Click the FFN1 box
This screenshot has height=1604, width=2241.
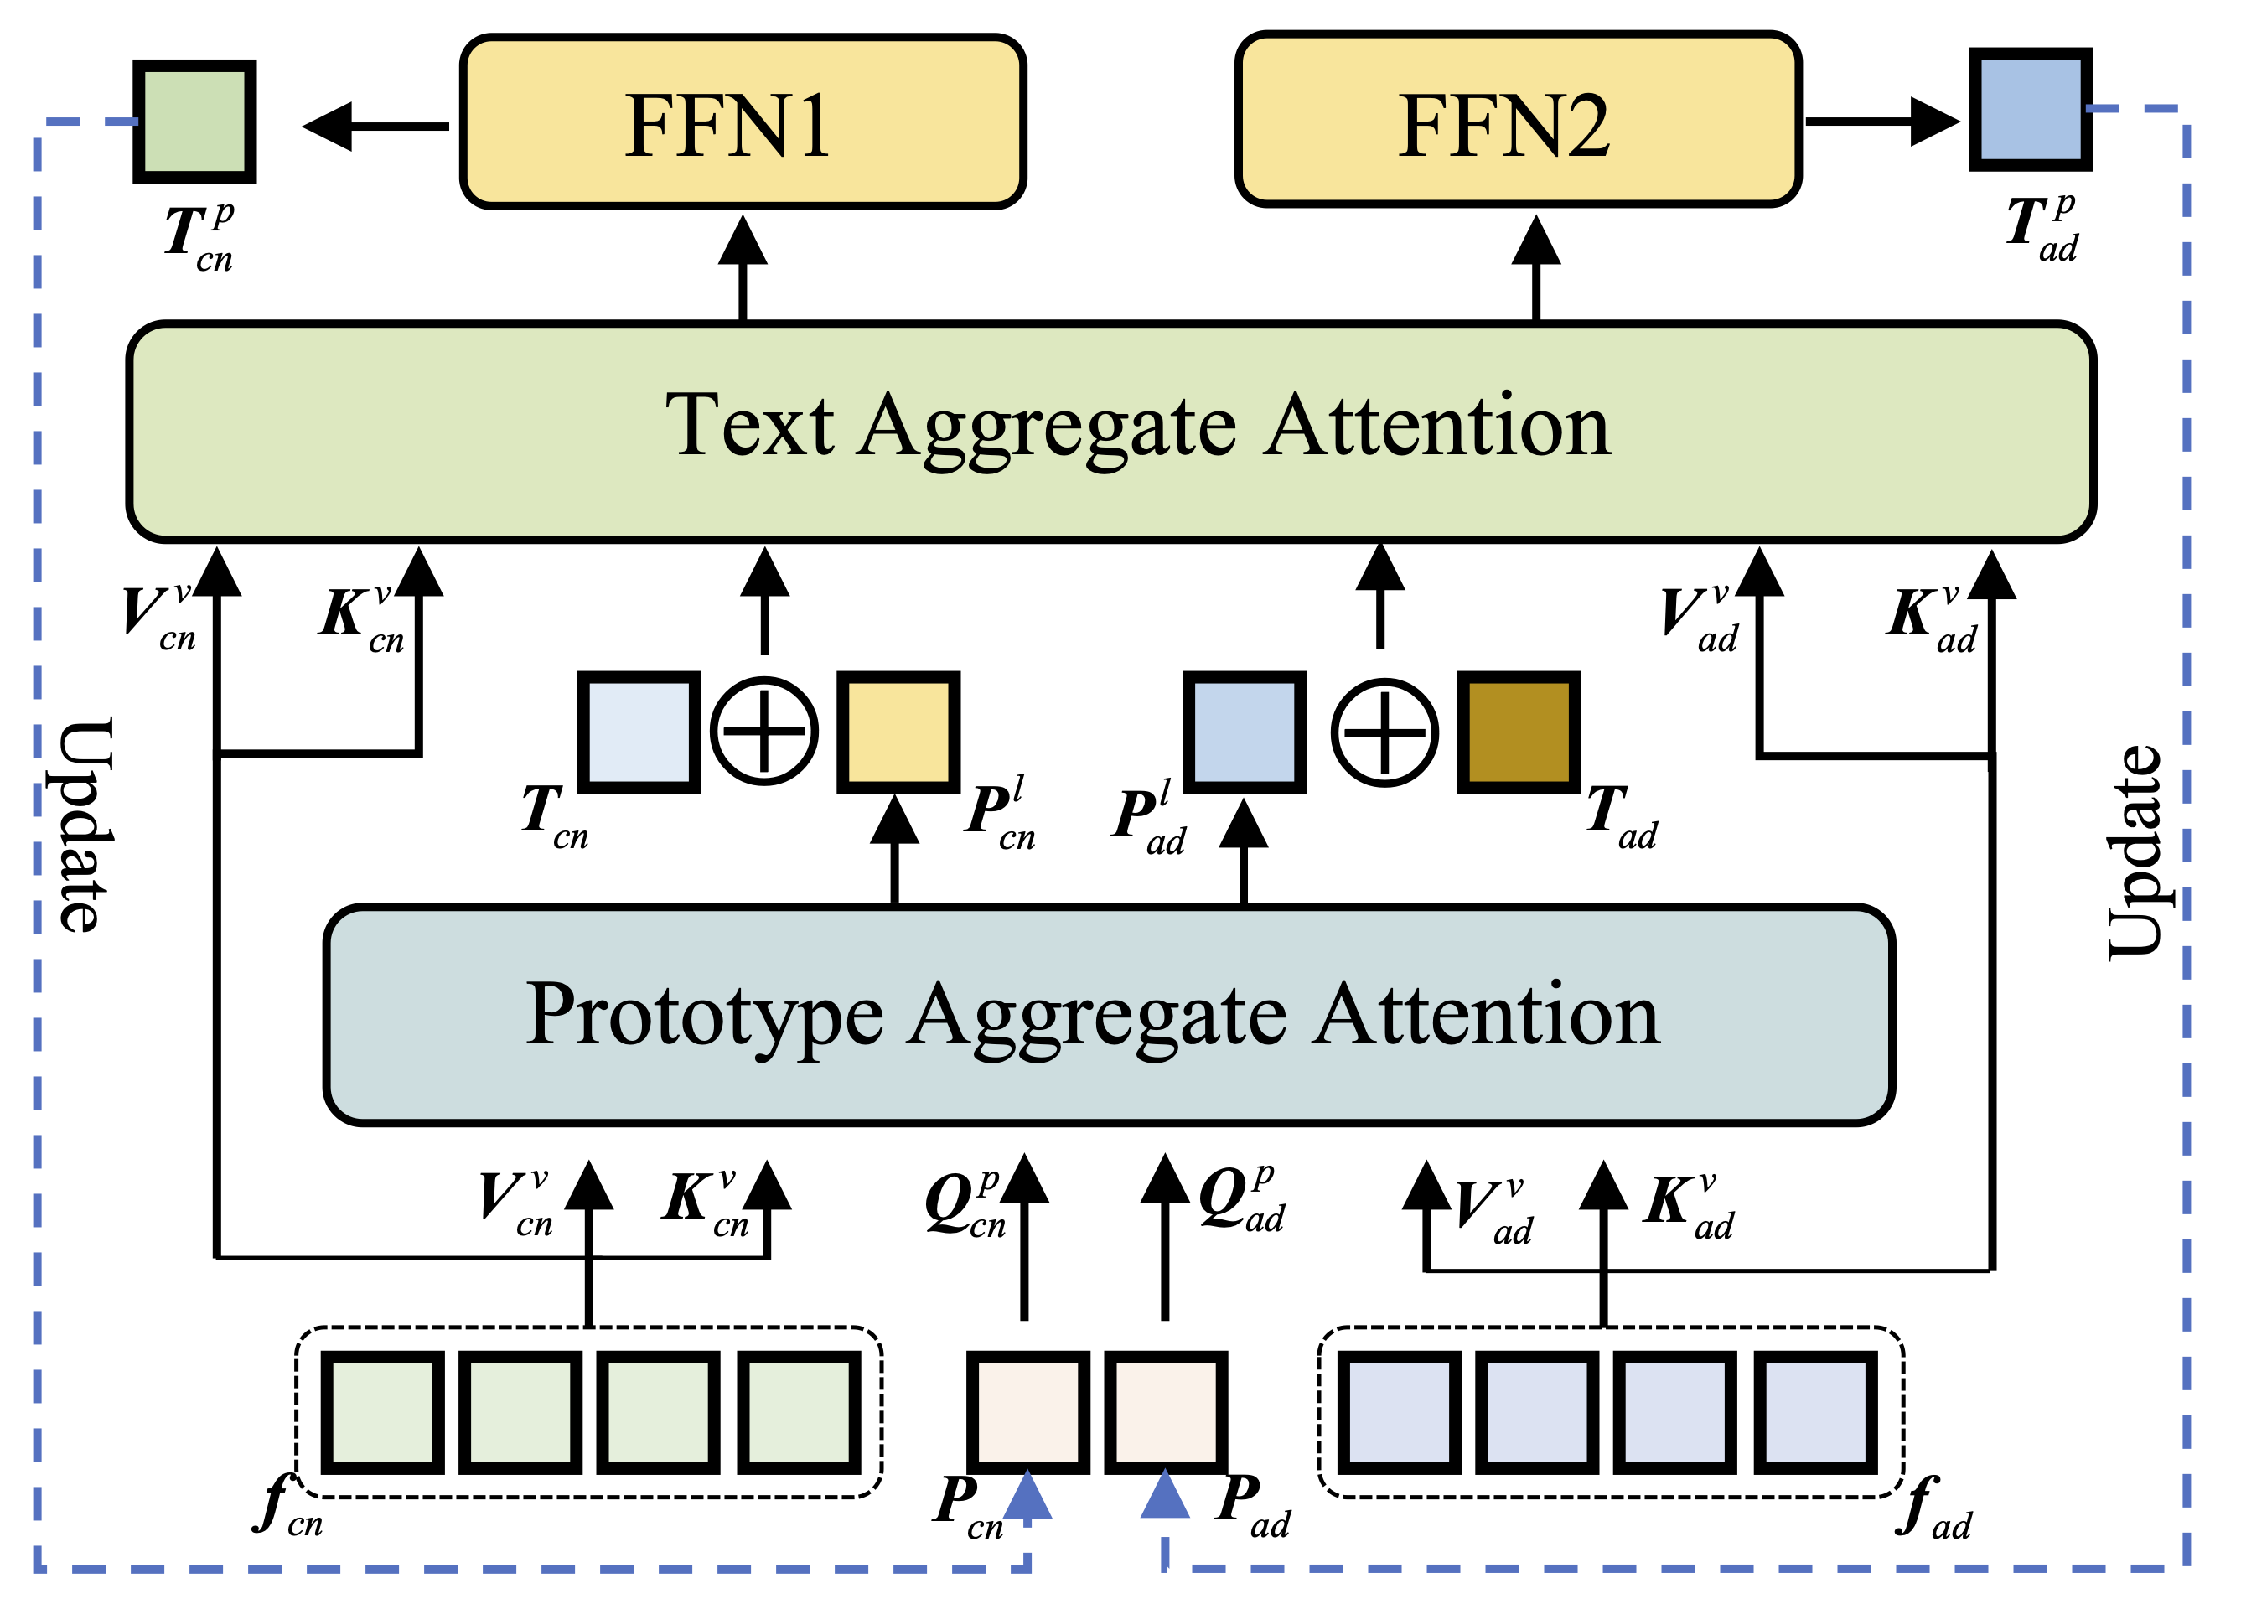tap(743, 122)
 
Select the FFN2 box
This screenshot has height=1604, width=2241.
tap(1518, 121)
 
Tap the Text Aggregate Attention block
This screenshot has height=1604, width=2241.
tap(1110, 432)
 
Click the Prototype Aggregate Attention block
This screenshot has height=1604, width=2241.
tap(1108, 1014)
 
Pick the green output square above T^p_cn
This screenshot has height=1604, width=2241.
tap(194, 122)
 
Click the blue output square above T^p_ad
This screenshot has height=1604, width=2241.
tap(2030, 110)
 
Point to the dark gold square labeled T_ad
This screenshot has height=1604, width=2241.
tap(1518, 732)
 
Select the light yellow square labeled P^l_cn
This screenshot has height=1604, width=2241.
tap(898, 732)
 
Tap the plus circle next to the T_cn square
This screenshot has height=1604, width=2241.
tap(763, 732)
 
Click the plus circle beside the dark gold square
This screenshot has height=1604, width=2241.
tap(1384, 732)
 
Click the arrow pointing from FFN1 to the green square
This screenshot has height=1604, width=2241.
tap(375, 126)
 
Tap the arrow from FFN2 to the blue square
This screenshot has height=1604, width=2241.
tap(1881, 121)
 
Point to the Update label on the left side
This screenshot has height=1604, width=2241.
tap(85, 825)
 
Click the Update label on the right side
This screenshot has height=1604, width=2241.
tap(2134, 851)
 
